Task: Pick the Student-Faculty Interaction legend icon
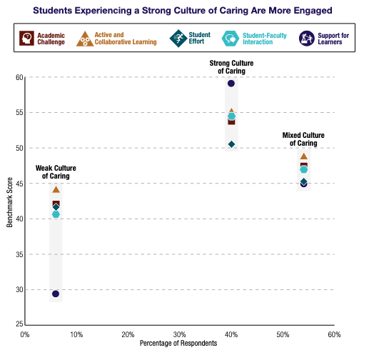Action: (x=231, y=38)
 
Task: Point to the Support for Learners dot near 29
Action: (x=56, y=294)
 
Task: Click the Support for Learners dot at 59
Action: (x=231, y=84)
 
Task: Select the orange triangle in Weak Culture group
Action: (x=56, y=189)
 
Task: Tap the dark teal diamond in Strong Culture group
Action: (x=231, y=144)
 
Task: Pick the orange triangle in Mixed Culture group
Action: (x=304, y=156)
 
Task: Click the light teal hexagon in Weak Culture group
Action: (x=56, y=214)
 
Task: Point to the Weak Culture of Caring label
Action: (x=56, y=172)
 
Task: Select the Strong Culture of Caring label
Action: (x=231, y=67)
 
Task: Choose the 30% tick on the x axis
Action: (x=179, y=334)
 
